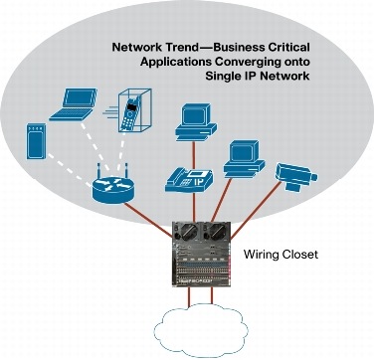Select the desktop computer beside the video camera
coord(241,157)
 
